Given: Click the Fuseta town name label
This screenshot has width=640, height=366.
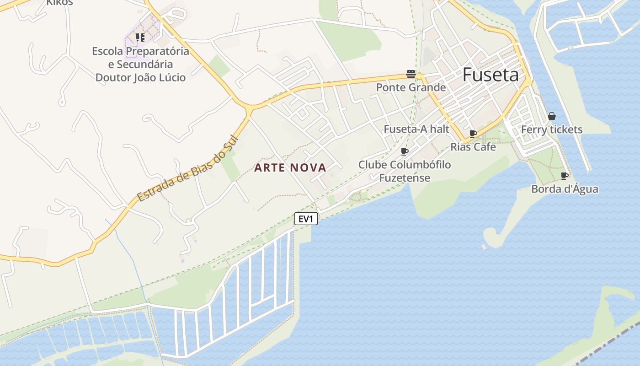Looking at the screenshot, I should click(x=491, y=75).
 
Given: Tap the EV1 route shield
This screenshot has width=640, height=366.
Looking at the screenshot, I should click(x=305, y=219).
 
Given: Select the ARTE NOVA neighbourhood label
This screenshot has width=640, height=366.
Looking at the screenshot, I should click(x=290, y=168).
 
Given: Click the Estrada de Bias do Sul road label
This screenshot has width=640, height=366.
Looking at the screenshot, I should click(x=188, y=169).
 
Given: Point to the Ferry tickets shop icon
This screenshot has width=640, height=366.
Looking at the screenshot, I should click(x=552, y=116).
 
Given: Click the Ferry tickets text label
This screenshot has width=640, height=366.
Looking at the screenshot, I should click(x=552, y=129).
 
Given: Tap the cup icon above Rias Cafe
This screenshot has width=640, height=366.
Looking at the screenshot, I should click(x=473, y=134).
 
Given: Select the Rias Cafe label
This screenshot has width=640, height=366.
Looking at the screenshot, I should click(x=473, y=147).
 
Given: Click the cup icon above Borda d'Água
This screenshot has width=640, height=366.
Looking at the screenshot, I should click(x=565, y=176).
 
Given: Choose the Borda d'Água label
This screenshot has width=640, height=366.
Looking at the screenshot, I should click(x=565, y=189).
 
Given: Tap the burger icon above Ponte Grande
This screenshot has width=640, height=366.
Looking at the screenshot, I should click(x=411, y=74).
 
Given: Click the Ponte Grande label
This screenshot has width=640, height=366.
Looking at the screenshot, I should click(x=411, y=87).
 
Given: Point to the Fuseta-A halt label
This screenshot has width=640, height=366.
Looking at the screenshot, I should click(x=416, y=129).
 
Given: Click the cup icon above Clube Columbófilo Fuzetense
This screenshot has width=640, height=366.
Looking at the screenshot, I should click(x=405, y=151).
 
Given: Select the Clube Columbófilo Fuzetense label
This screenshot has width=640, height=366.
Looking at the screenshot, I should click(x=405, y=171).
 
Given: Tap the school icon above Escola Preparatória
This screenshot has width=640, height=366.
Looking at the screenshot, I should click(x=140, y=37).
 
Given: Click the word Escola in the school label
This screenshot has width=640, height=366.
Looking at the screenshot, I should click(x=107, y=51).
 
